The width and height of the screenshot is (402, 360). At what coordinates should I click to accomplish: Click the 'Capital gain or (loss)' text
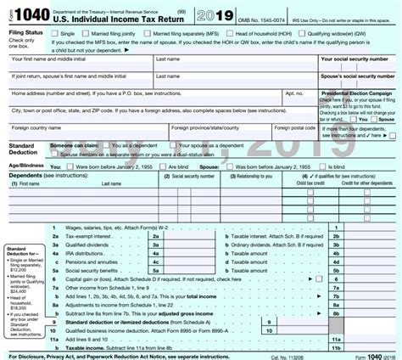[x=85, y=278]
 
